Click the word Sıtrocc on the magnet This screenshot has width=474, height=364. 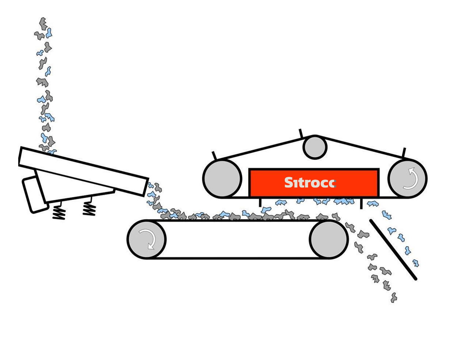point(310,183)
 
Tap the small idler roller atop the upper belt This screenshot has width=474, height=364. point(315,147)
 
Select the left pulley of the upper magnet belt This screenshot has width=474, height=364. point(222,178)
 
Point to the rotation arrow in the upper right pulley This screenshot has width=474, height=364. point(411,178)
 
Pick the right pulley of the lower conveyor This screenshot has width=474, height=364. point(329,239)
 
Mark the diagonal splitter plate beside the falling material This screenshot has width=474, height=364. point(393,250)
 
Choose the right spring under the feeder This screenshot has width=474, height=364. point(89,209)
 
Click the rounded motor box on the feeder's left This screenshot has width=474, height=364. point(35,194)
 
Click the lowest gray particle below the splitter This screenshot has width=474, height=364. point(394,298)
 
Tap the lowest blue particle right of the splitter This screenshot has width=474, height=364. point(415,263)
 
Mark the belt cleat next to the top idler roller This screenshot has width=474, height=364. point(301,133)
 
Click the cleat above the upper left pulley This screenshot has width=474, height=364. point(214,155)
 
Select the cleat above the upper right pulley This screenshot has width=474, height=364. point(404,153)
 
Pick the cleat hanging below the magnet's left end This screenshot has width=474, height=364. point(260,202)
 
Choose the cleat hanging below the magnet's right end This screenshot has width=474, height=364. point(361,203)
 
